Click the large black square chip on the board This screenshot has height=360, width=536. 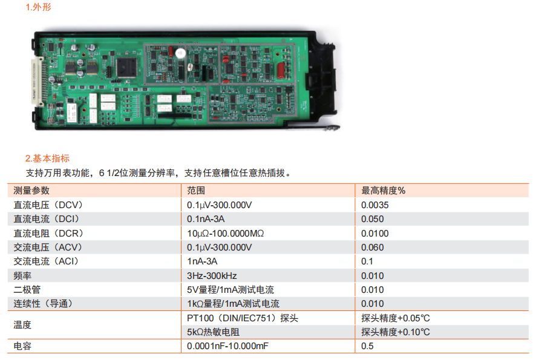coord(126,67)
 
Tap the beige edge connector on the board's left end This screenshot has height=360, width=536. coord(38,82)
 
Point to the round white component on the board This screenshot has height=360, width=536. coord(180,53)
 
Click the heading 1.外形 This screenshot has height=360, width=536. coord(39,7)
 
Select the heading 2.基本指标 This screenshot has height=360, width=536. coord(48,159)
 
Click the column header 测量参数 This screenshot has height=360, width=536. coord(31,191)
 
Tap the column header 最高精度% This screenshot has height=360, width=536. coord(383,191)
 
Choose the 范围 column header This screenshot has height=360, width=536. coord(196,191)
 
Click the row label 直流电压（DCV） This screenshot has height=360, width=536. coord(48,205)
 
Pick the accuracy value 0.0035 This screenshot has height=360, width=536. coord(375,205)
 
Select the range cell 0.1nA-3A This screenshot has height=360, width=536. coord(206,219)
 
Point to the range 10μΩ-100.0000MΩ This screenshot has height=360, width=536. coord(226,234)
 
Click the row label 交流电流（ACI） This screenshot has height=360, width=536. coord(46,261)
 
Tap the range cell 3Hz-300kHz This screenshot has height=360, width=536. coord(212,276)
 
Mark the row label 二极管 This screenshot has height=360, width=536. coord(27,290)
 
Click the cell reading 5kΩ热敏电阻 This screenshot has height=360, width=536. coord(214,332)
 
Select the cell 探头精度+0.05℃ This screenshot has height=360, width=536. coord(396,318)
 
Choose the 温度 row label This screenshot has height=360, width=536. coord(22,325)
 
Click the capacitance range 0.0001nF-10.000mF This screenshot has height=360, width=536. coord(227,346)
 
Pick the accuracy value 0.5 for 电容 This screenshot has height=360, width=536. coord(367,346)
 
